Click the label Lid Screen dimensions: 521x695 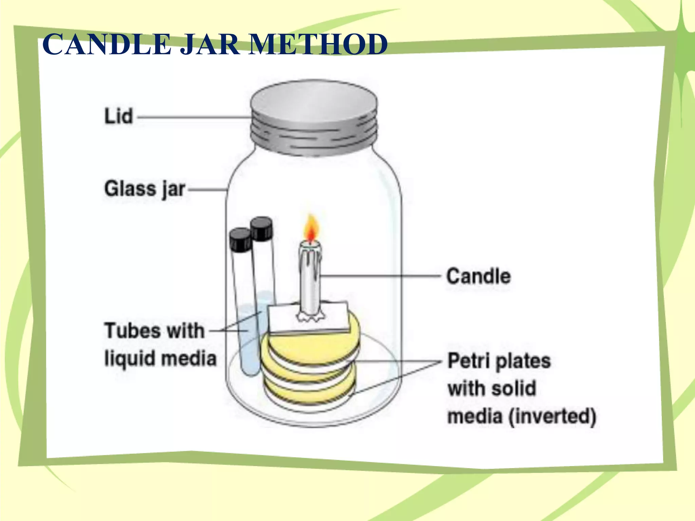click(x=118, y=116)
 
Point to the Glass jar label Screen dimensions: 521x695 click(x=145, y=189)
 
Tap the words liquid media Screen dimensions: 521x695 click(x=160, y=359)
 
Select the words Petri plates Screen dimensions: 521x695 click(x=499, y=361)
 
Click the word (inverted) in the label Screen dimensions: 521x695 click(x=552, y=417)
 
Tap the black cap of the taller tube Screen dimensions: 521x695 click(x=261, y=229)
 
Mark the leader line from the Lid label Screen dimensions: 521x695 click(x=193, y=117)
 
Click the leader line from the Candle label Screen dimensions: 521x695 click(x=380, y=276)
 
